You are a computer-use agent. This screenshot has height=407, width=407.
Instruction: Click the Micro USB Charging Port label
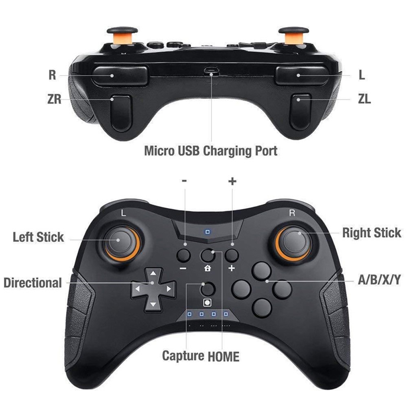point(211,151)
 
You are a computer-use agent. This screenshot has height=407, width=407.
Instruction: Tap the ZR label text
point(54,99)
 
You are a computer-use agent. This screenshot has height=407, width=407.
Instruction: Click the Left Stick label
point(38,237)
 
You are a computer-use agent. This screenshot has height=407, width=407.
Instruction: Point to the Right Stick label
point(371,233)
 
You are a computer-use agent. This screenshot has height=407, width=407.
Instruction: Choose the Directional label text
point(33,282)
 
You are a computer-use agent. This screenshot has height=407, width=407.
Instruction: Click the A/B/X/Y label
point(379,280)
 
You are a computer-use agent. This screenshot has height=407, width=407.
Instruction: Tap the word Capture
point(183,356)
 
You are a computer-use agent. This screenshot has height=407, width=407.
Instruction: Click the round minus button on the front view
point(184,255)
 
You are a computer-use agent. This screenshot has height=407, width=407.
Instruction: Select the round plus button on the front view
point(232,255)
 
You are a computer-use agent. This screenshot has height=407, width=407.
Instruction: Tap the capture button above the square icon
point(208,289)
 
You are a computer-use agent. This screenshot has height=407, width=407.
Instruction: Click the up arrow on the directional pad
point(153,273)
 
